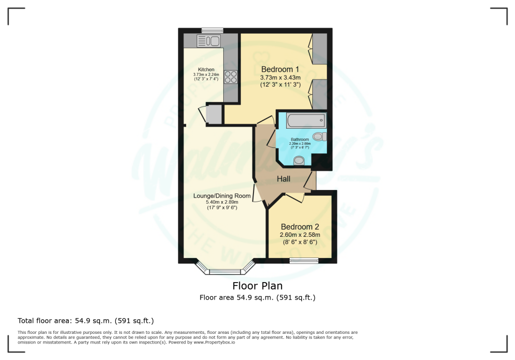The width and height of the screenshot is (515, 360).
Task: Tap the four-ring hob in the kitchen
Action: pos(230,76)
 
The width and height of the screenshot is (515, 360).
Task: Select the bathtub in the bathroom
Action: pos(305,121)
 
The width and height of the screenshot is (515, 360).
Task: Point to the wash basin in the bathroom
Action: pos(299,160)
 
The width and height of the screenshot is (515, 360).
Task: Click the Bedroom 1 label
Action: pos(280,69)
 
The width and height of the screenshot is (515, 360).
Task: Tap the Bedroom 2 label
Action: pos(299,226)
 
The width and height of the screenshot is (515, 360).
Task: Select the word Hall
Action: pos(284,179)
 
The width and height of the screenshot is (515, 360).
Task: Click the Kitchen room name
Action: pos(206,69)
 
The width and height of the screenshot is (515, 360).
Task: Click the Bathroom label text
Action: pos(300,139)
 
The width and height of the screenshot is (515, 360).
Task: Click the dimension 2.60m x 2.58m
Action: pos(299,234)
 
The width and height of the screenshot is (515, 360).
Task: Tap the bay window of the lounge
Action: pos(225,272)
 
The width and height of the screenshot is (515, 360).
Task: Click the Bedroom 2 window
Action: pos(304,260)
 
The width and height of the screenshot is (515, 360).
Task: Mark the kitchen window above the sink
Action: pos(209,31)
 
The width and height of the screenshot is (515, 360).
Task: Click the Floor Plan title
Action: pos(257,286)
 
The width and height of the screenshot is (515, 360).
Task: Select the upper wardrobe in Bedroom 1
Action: pos(320,49)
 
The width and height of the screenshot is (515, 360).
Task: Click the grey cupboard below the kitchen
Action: pos(214,114)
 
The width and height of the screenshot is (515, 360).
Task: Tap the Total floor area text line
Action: pos(85,320)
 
